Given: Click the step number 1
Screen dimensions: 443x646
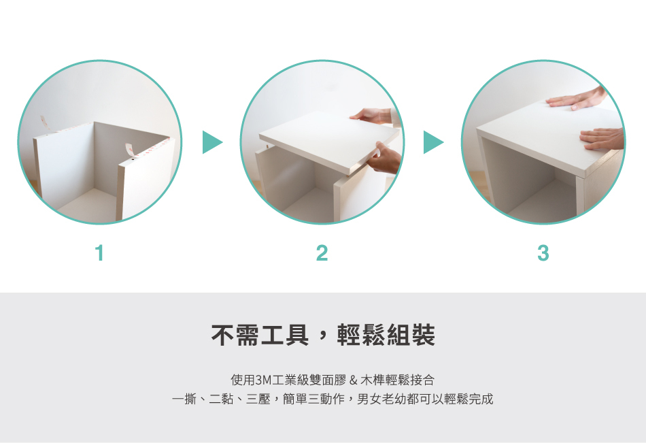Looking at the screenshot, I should click(x=99, y=254).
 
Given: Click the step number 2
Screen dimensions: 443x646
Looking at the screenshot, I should click(x=322, y=254).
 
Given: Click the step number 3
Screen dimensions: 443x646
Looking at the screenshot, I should click(x=543, y=254).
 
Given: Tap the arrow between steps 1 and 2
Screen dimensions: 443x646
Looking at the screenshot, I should click(x=211, y=142).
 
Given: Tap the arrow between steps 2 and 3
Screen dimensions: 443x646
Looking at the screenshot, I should click(x=432, y=142).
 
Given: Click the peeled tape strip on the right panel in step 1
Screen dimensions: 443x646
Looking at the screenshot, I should click(x=130, y=150).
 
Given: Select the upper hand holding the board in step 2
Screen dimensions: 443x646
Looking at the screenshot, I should click(x=373, y=116).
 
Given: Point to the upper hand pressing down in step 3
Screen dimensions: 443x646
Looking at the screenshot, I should click(x=578, y=99).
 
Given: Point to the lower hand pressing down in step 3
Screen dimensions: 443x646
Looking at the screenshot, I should click(x=602, y=139).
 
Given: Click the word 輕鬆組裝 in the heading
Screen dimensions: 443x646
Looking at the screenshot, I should click(x=386, y=335).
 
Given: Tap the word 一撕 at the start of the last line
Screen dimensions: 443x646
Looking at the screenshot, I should click(x=184, y=399).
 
